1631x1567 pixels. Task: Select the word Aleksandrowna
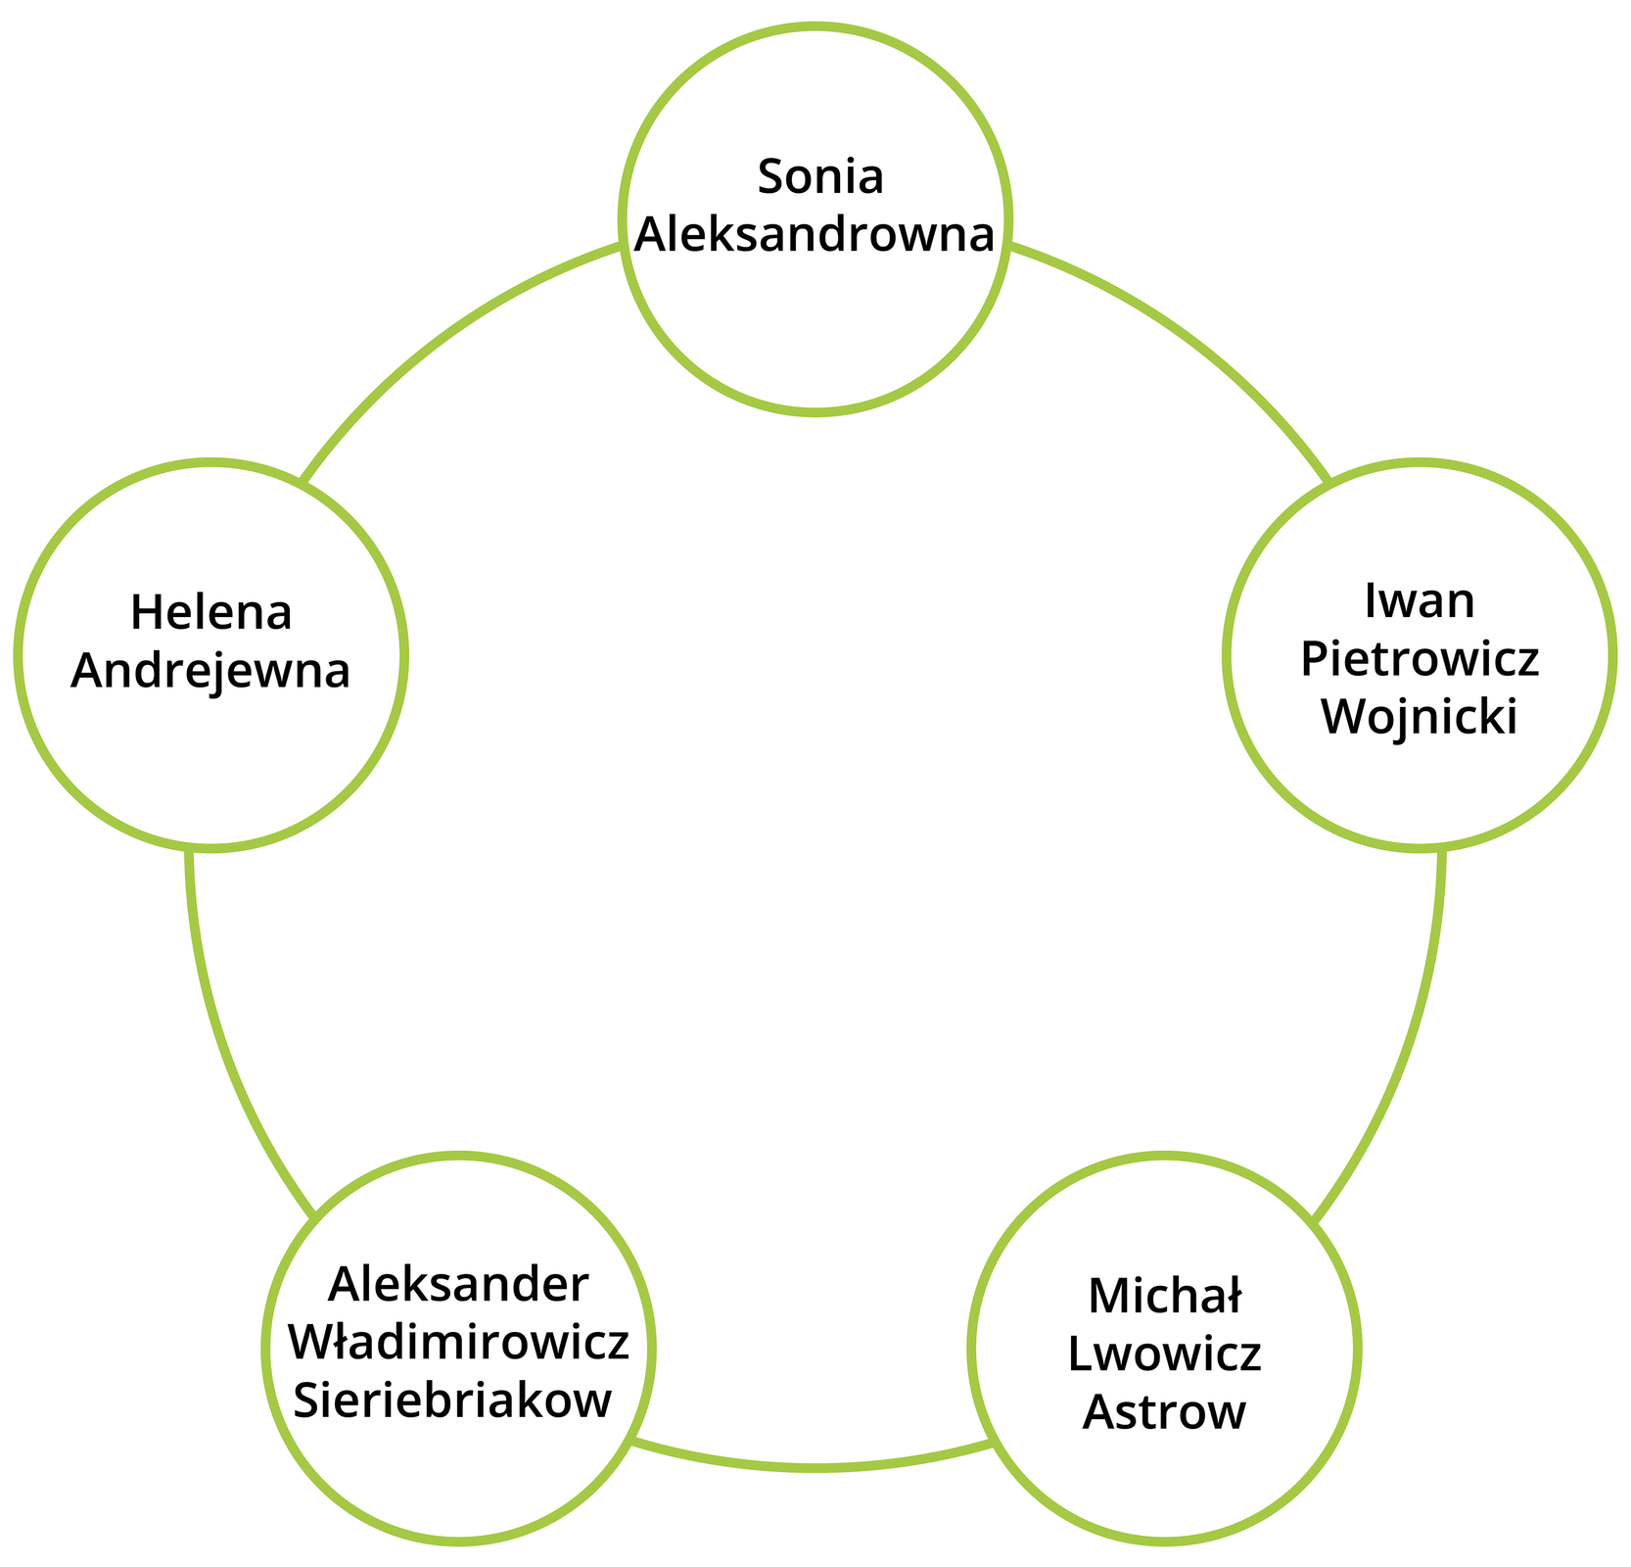(815, 235)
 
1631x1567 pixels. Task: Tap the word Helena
(211, 614)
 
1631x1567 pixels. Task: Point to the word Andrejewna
(210, 673)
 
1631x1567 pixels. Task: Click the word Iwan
(1419, 601)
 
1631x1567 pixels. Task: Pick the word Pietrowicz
(1420, 659)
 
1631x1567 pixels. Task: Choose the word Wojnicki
(1419, 717)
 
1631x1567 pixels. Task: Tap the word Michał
(1164, 1297)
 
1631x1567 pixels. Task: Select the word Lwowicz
(1164, 1354)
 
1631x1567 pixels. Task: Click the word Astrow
(1164, 1412)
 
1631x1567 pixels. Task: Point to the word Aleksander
(458, 1285)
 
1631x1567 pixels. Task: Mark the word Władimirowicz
(458, 1344)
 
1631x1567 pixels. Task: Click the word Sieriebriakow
(452, 1401)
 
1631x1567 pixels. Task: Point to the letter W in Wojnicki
(1341, 717)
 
